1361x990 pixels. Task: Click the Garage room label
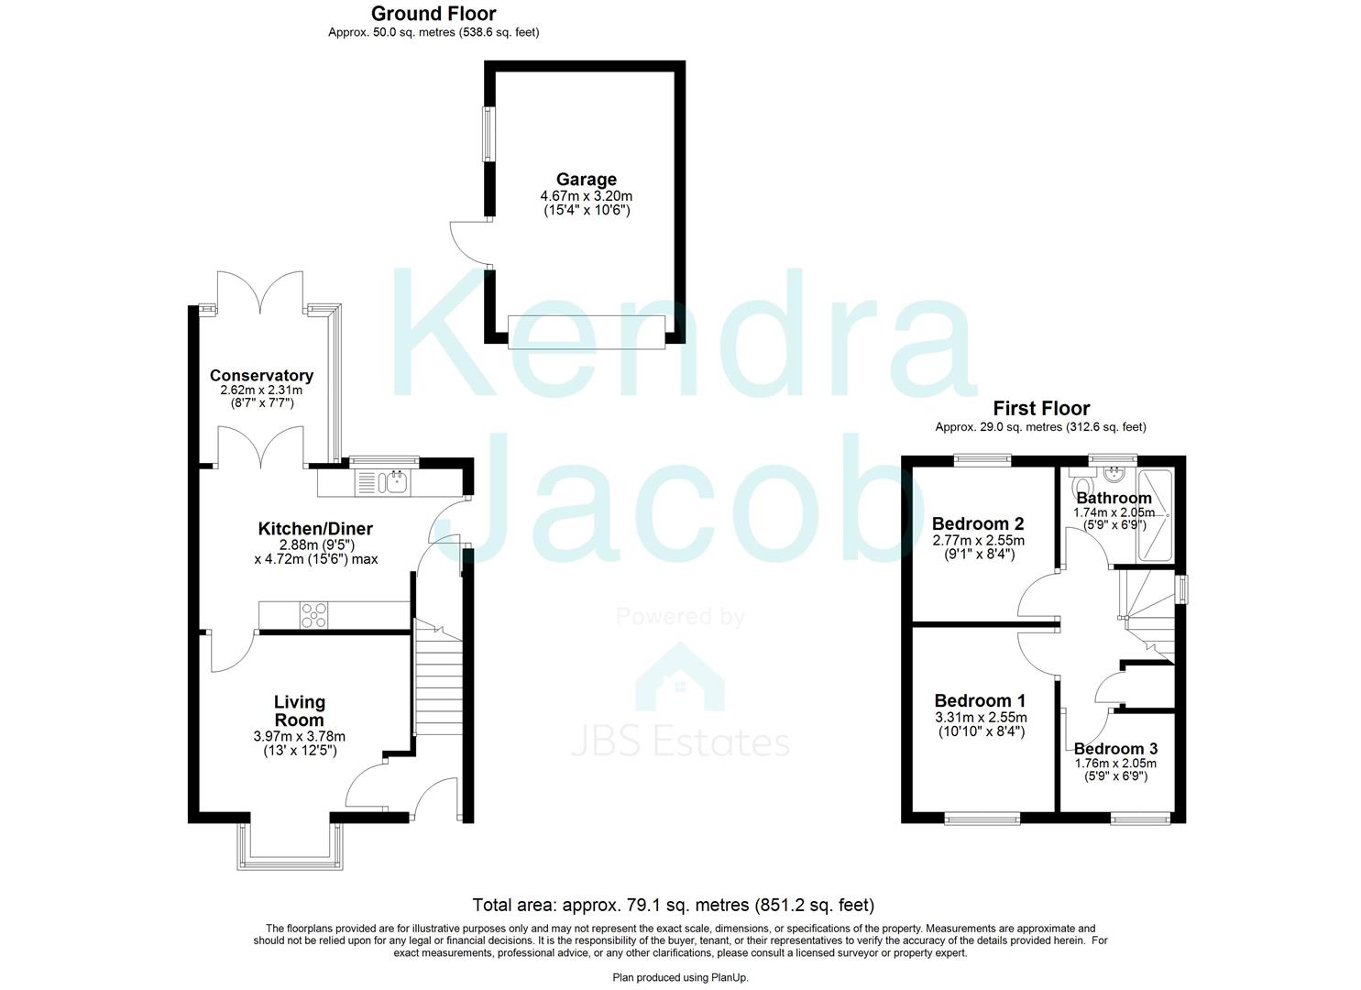point(586,180)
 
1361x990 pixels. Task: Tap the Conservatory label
point(261,376)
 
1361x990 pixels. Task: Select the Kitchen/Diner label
point(315,529)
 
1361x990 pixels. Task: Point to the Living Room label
point(300,711)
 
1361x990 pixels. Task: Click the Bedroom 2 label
point(978,524)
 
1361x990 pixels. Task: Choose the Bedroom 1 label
point(980,701)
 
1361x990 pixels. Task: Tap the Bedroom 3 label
point(1115,749)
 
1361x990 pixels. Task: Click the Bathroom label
point(1114,499)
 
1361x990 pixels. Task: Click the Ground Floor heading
point(434,14)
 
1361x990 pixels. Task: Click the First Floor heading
point(1041,409)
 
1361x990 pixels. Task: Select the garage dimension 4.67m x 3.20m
point(586,196)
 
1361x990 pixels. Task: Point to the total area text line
point(673,906)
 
